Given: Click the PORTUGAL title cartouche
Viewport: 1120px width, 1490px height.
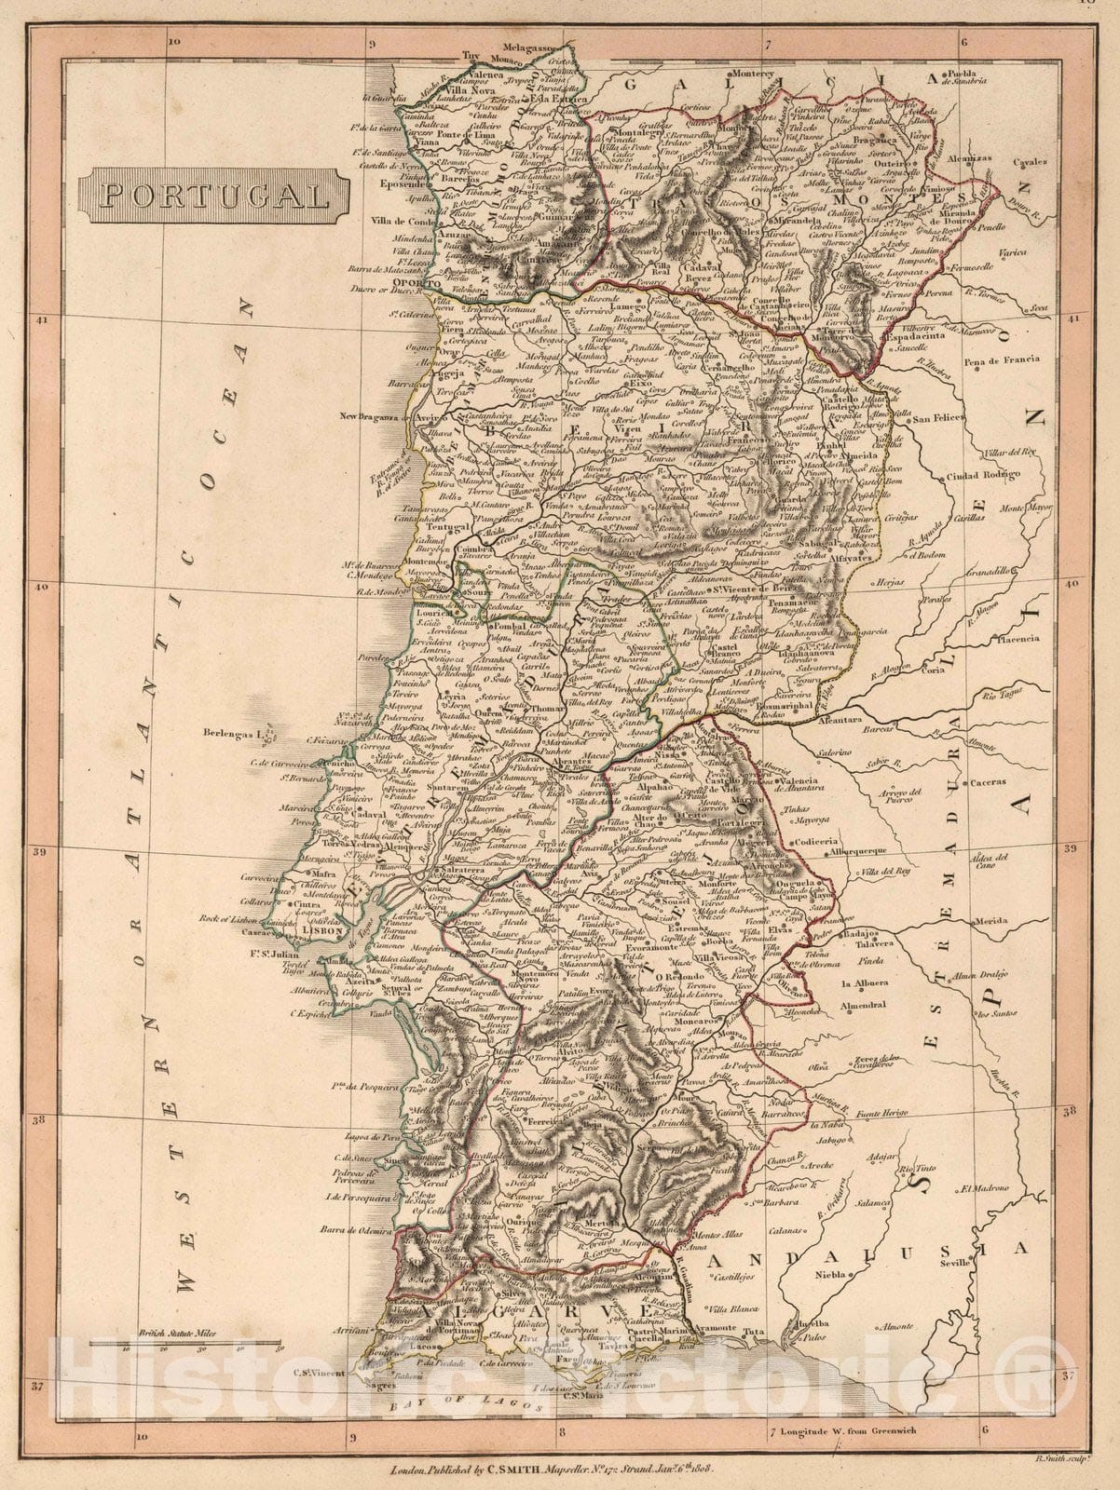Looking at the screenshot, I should (214, 194).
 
